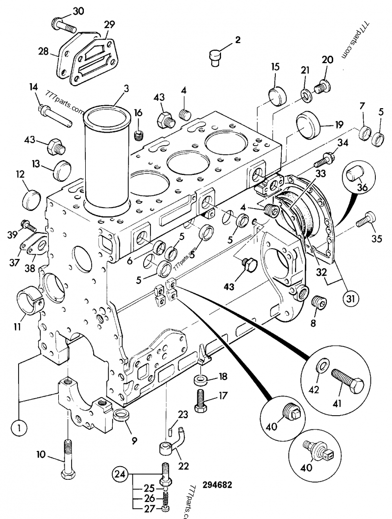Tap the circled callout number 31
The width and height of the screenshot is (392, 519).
351,297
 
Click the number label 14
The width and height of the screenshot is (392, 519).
33,87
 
